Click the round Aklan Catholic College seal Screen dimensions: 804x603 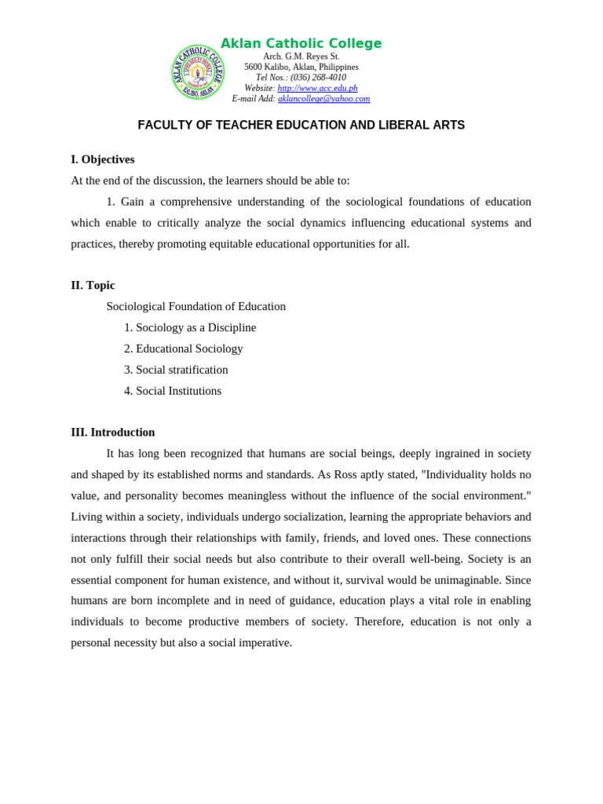click(198, 72)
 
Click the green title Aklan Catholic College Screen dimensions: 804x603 click(301, 44)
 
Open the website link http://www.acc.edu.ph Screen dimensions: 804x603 click(317, 89)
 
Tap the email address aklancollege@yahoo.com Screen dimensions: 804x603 click(323, 99)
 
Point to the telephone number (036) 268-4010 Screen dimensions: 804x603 click(318, 78)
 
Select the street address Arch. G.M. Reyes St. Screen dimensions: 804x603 click(301, 57)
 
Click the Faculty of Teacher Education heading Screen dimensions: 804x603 click(301, 126)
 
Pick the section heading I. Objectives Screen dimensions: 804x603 click(103, 159)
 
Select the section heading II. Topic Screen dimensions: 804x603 click(93, 285)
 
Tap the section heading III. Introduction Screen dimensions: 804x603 click(113, 432)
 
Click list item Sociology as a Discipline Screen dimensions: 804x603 click(196, 327)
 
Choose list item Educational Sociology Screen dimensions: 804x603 click(189, 349)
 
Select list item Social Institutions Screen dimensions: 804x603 click(178, 391)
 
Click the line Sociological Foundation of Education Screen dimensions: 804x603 click(196, 306)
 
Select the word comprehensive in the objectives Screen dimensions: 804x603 click(202, 202)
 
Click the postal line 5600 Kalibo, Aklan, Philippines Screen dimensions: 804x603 click(301, 68)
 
